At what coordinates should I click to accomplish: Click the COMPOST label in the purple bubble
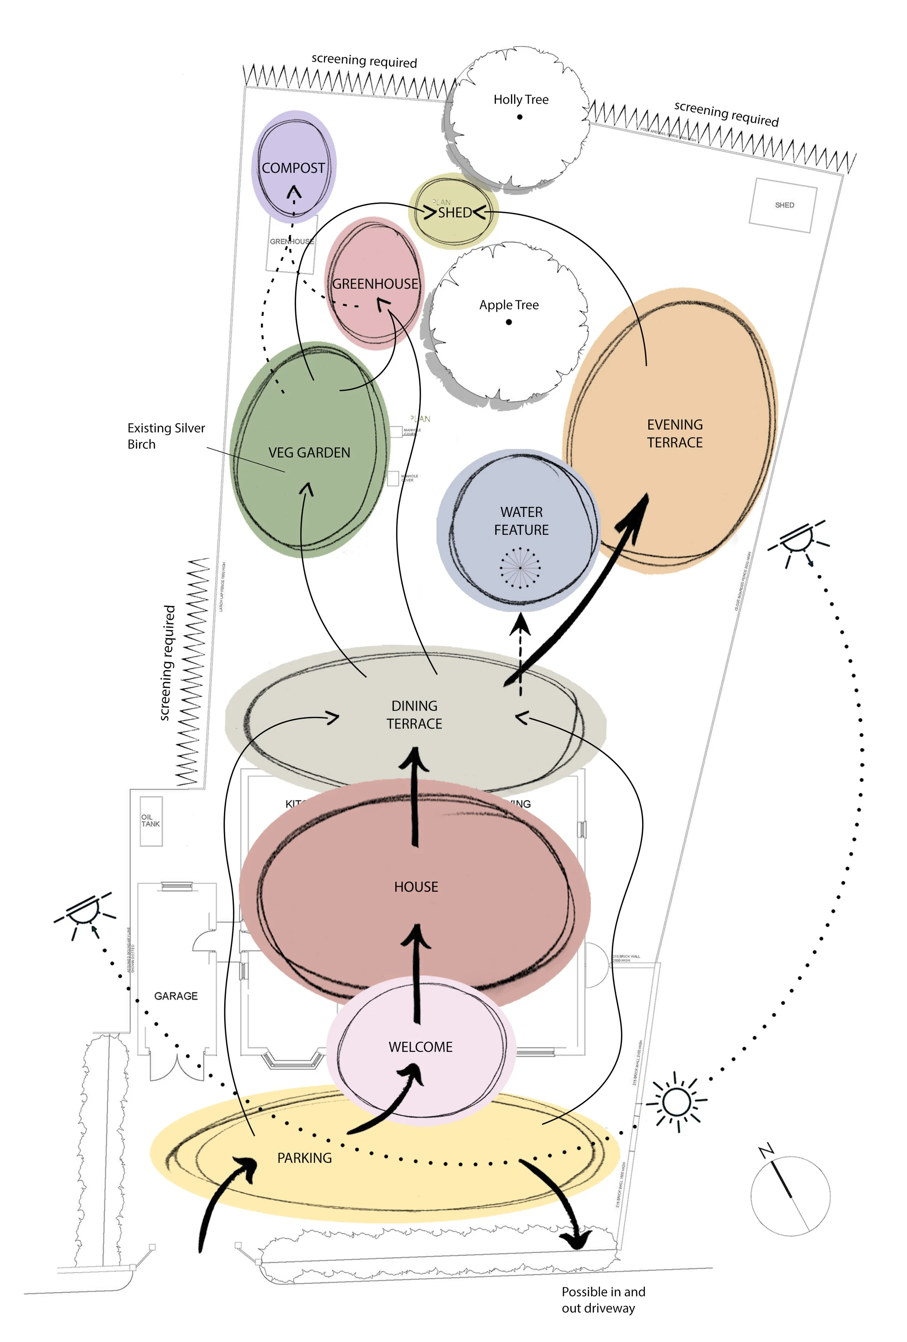pyautogui.click(x=293, y=168)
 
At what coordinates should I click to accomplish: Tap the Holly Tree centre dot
pyautogui.click(x=520, y=117)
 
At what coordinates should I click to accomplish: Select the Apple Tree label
pyautogui.click(x=509, y=305)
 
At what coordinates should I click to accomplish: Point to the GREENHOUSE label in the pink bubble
pyautogui.click(x=375, y=284)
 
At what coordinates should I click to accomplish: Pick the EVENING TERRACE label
pyautogui.click(x=674, y=434)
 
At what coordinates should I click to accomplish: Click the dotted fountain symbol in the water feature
pyautogui.click(x=520, y=568)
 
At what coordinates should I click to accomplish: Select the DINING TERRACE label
pyautogui.click(x=414, y=715)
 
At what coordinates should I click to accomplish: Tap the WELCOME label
pyautogui.click(x=420, y=1047)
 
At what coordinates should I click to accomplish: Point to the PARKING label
pyautogui.click(x=304, y=1158)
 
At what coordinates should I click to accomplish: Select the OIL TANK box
pyautogui.click(x=151, y=821)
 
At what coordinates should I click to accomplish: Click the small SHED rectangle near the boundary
pyautogui.click(x=783, y=205)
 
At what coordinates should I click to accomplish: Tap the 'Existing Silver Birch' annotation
pyautogui.click(x=166, y=436)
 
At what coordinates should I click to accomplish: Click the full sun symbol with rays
pyautogui.click(x=676, y=1102)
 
